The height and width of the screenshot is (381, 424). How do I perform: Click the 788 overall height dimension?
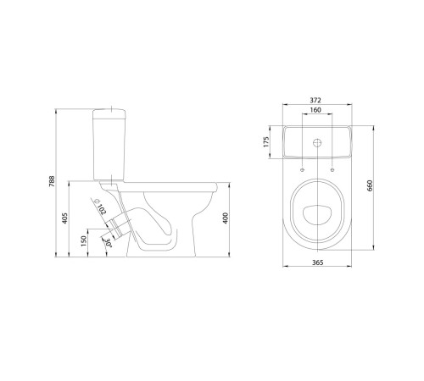52,181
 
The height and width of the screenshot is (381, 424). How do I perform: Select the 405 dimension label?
64,218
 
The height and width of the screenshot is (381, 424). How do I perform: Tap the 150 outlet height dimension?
84,241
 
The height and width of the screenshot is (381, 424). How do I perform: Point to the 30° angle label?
109,243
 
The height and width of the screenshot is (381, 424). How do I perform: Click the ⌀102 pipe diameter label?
100,207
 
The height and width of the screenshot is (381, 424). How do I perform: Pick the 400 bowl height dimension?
226,218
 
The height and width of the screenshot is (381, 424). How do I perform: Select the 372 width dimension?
315,100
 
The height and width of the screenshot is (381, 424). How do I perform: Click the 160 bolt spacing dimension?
315,110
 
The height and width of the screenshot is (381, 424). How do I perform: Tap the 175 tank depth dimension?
265,142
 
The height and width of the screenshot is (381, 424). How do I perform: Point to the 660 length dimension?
370,185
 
